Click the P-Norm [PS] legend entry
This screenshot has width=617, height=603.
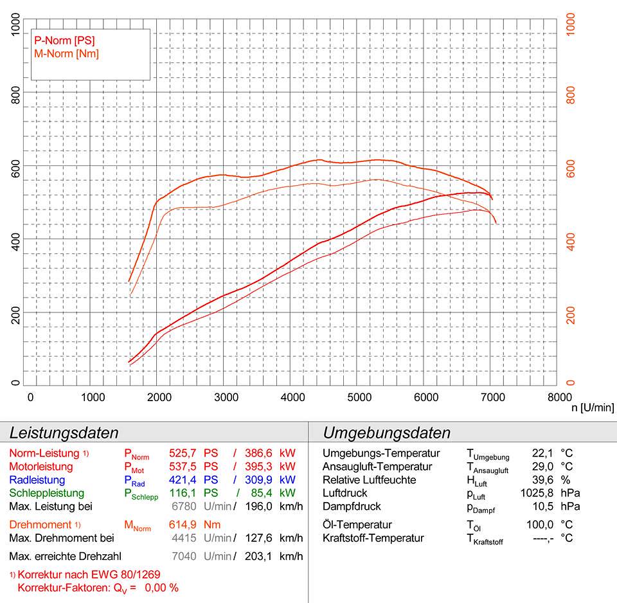tap(64, 40)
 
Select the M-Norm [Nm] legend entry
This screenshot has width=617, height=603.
tap(66, 53)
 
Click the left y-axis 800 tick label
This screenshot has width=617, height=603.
tap(17, 94)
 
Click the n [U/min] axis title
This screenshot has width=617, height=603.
tap(593, 408)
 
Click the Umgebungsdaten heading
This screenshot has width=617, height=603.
tap(386, 432)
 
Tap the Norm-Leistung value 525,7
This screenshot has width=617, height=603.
tap(181, 453)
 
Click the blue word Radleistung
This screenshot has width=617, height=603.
tap(37, 480)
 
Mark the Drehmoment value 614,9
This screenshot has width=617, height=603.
tap(181, 525)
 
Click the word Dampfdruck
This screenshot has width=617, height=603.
tap(352, 507)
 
